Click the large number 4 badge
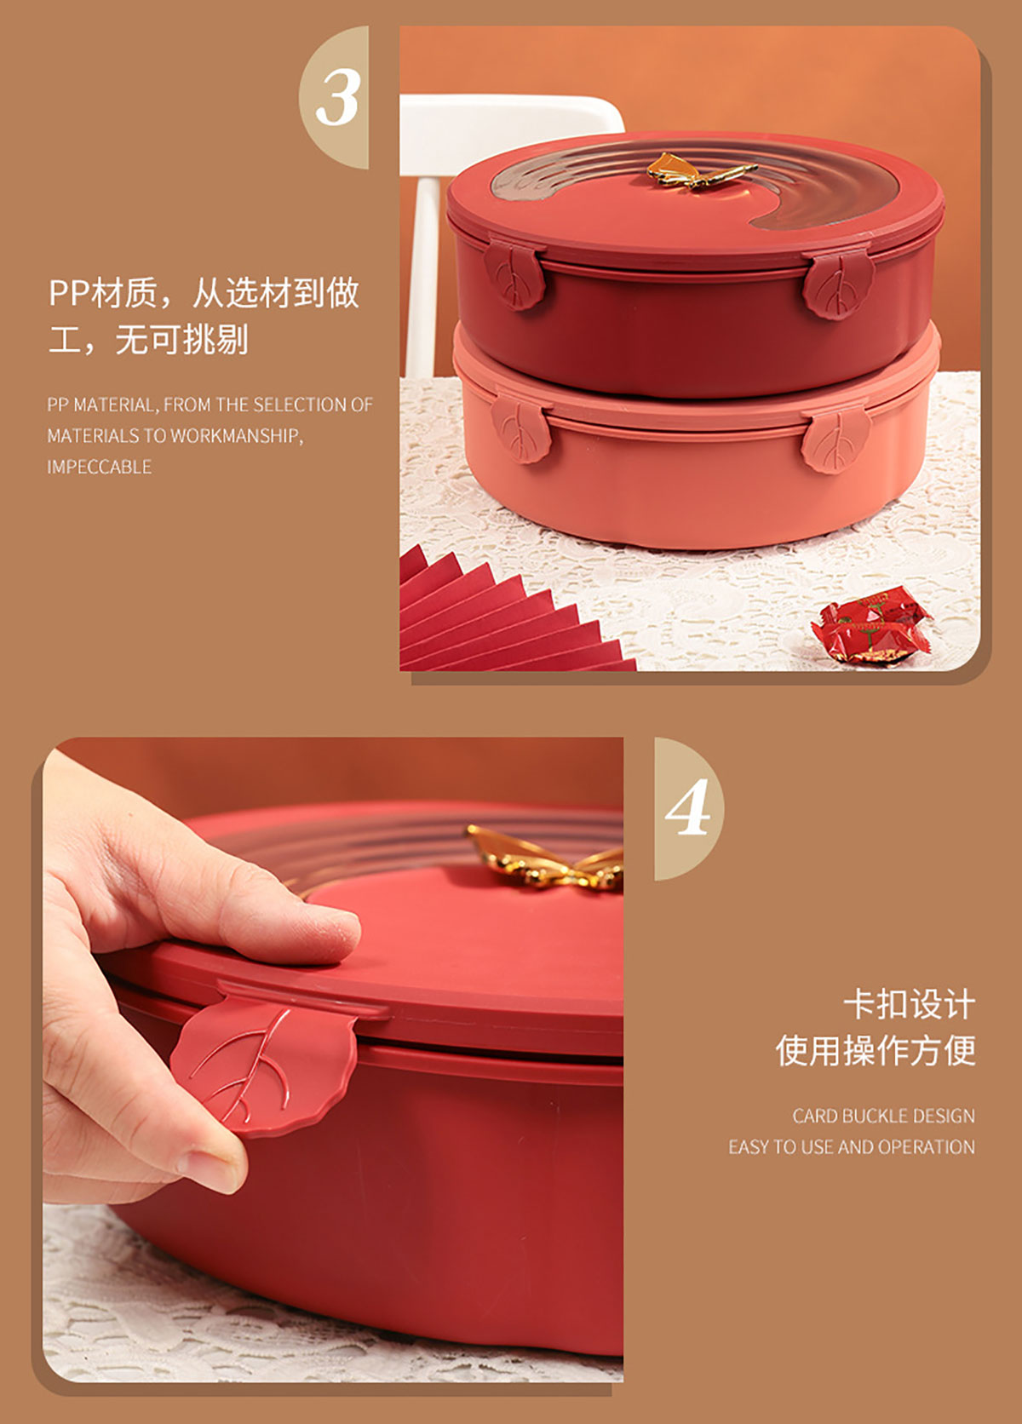click(687, 807)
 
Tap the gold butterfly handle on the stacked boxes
click(700, 170)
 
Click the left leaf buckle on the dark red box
click(514, 275)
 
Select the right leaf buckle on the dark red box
click(838, 285)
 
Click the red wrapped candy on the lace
click(870, 625)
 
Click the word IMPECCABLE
click(99, 468)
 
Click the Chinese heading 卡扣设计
click(909, 1005)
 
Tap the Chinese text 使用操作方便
click(876, 1050)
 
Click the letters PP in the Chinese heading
click(70, 293)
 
